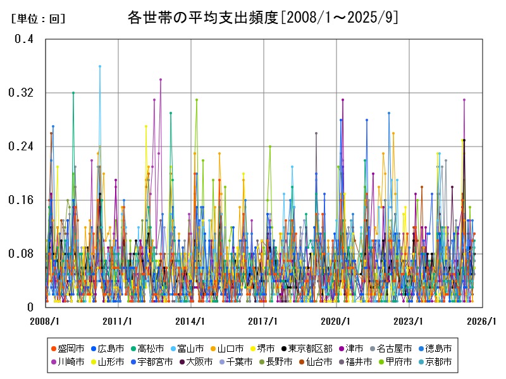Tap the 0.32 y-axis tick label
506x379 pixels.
22,93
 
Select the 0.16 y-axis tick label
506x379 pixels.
22,200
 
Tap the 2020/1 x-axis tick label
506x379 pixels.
336,321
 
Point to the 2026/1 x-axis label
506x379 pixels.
482,321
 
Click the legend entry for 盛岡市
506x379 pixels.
66,349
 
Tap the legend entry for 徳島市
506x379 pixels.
435,349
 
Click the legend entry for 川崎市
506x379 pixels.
66,362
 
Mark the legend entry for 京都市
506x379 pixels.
435,362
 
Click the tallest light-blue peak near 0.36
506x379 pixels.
100,66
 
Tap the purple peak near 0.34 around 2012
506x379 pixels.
161,80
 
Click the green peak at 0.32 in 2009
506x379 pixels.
73,93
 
